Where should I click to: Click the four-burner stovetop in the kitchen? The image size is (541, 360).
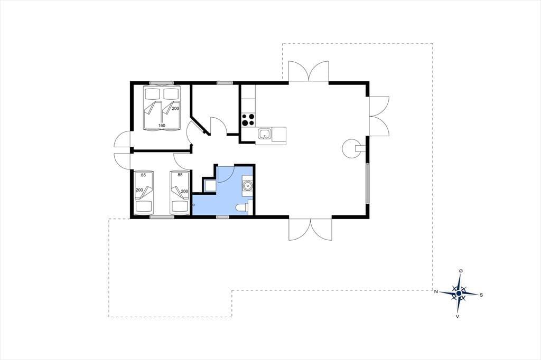(x=248, y=120)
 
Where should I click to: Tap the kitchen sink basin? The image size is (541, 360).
(x=265, y=134)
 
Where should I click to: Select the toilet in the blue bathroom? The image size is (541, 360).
(x=243, y=207)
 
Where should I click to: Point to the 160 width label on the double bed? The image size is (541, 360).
(x=162, y=126)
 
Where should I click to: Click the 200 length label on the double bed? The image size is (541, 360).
(x=175, y=108)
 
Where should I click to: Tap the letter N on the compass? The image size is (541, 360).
(x=436, y=292)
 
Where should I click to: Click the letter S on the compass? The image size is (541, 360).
(x=481, y=295)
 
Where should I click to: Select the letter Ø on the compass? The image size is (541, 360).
(x=461, y=271)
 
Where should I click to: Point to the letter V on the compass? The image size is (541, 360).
(x=458, y=316)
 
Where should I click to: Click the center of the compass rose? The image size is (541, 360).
(x=459, y=293)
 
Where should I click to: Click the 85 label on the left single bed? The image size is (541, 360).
(x=143, y=175)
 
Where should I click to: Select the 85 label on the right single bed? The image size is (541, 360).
(x=180, y=175)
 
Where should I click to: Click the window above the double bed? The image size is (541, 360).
(x=161, y=83)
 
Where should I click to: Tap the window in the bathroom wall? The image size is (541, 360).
(x=222, y=217)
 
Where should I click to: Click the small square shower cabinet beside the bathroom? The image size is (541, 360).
(x=209, y=186)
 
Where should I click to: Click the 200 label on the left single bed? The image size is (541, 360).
(x=139, y=190)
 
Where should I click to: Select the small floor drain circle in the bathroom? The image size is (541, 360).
(x=194, y=205)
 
